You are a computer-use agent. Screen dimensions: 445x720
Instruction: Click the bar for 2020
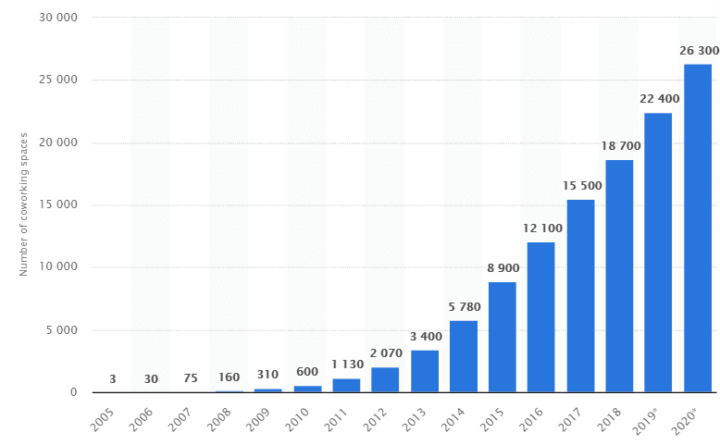(697, 229)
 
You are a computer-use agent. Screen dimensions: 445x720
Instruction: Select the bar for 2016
(540, 317)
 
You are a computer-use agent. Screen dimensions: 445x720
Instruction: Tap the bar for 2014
(463, 356)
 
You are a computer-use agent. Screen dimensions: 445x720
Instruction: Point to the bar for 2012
(385, 379)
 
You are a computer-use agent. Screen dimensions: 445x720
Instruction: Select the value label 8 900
(503, 268)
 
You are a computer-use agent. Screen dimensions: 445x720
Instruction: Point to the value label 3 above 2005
(112, 379)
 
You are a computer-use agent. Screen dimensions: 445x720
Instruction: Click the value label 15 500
(581, 186)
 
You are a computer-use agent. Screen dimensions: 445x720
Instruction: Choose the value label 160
(229, 377)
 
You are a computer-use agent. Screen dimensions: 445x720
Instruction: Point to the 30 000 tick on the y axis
(57, 18)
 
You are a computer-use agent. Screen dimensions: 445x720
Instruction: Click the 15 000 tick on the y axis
(57, 205)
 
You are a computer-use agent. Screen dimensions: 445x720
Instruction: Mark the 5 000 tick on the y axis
(61, 330)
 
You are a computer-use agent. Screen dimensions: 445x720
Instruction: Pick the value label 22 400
(658, 99)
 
